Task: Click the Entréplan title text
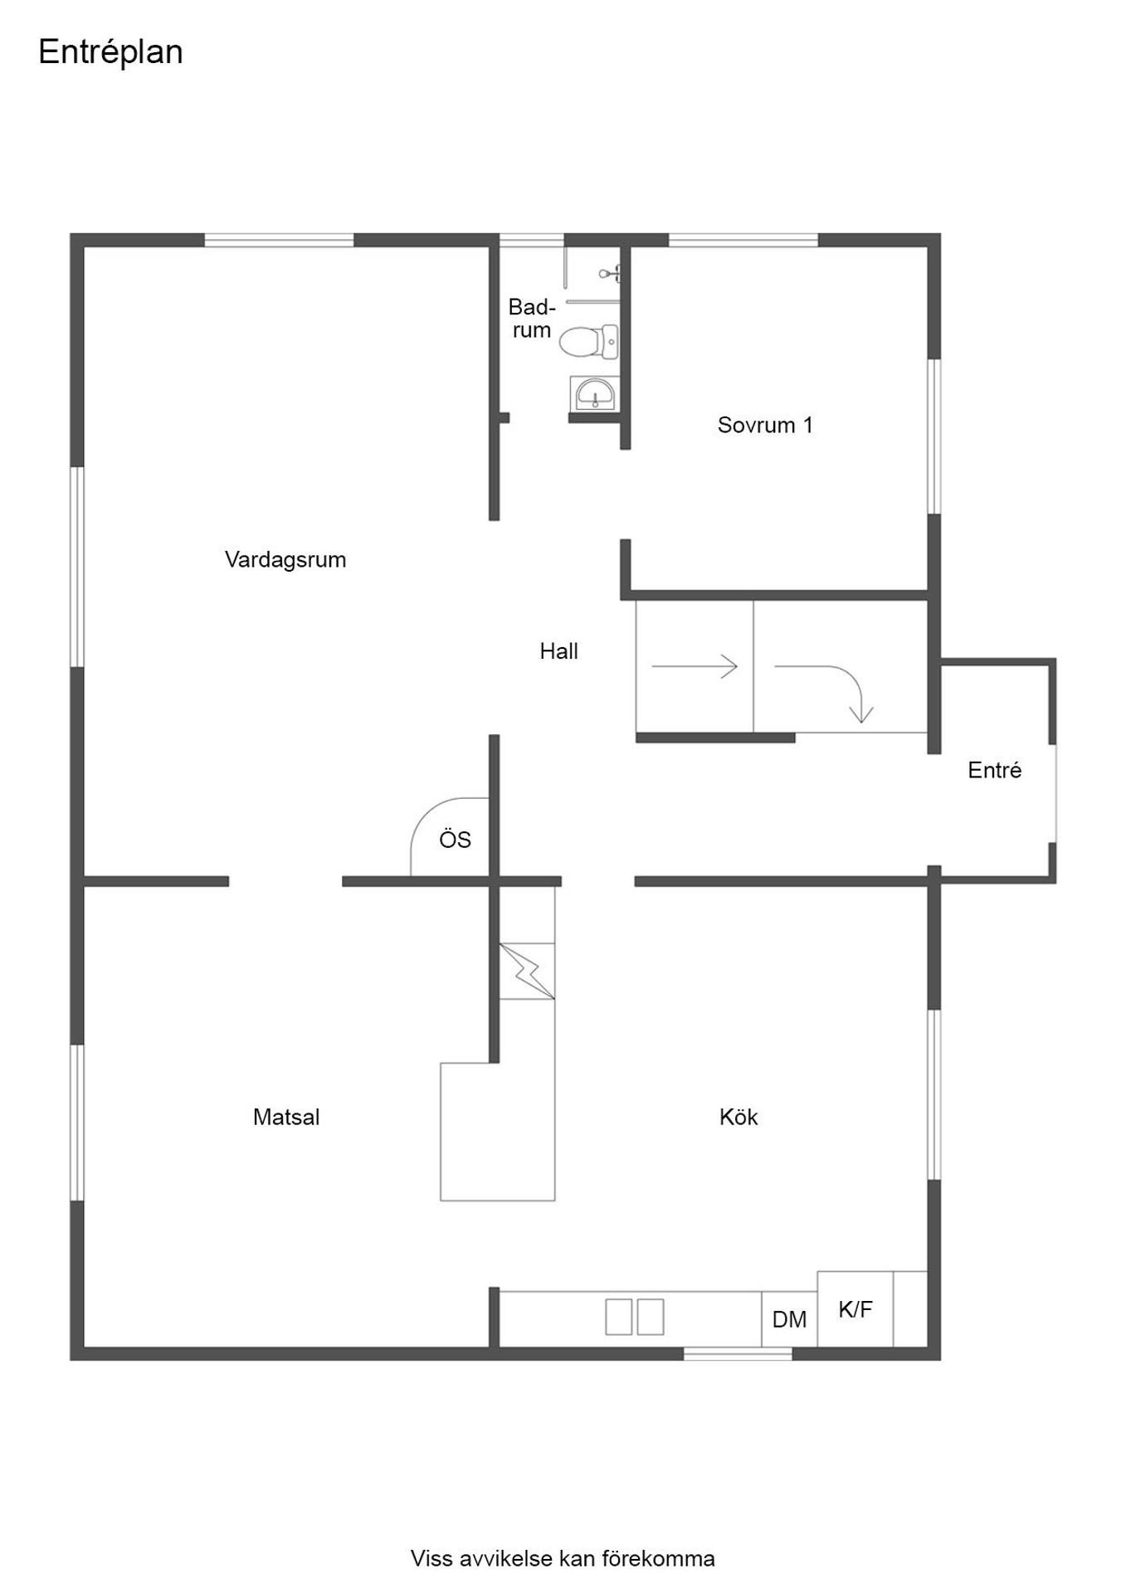pyautogui.click(x=110, y=52)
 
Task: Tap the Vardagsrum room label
pyautogui.click(x=285, y=560)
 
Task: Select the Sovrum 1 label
pyautogui.click(x=765, y=425)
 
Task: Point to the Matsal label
pyautogui.click(x=286, y=1117)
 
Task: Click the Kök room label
pyautogui.click(x=738, y=1117)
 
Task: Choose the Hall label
pyautogui.click(x=558, y=651)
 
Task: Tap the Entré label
pyautogui.click(x=994, y=770)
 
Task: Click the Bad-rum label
pyautogui.click(x=532, y=319)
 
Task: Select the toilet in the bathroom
pyautogui.click(x=588, y=341)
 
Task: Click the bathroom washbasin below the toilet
pyautogui.click(x=593, y=393)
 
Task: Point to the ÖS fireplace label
pyautogui.click(x=455, y=840)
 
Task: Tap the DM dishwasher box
pyautogui.click(x=789, y=1319)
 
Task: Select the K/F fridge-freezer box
pyautogui.click(x=855, y=1309)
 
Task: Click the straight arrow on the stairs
pyautogui.click(x=695, y=666)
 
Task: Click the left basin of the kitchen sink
pyautogui.click(x=618, y=1317)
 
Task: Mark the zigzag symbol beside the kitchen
pyautogui.click(x=527, y=971)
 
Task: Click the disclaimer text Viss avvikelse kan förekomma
pyautogui.click(x=563, y=1559)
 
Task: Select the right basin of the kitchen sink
pyautogui.click(x=651, y=1317)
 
